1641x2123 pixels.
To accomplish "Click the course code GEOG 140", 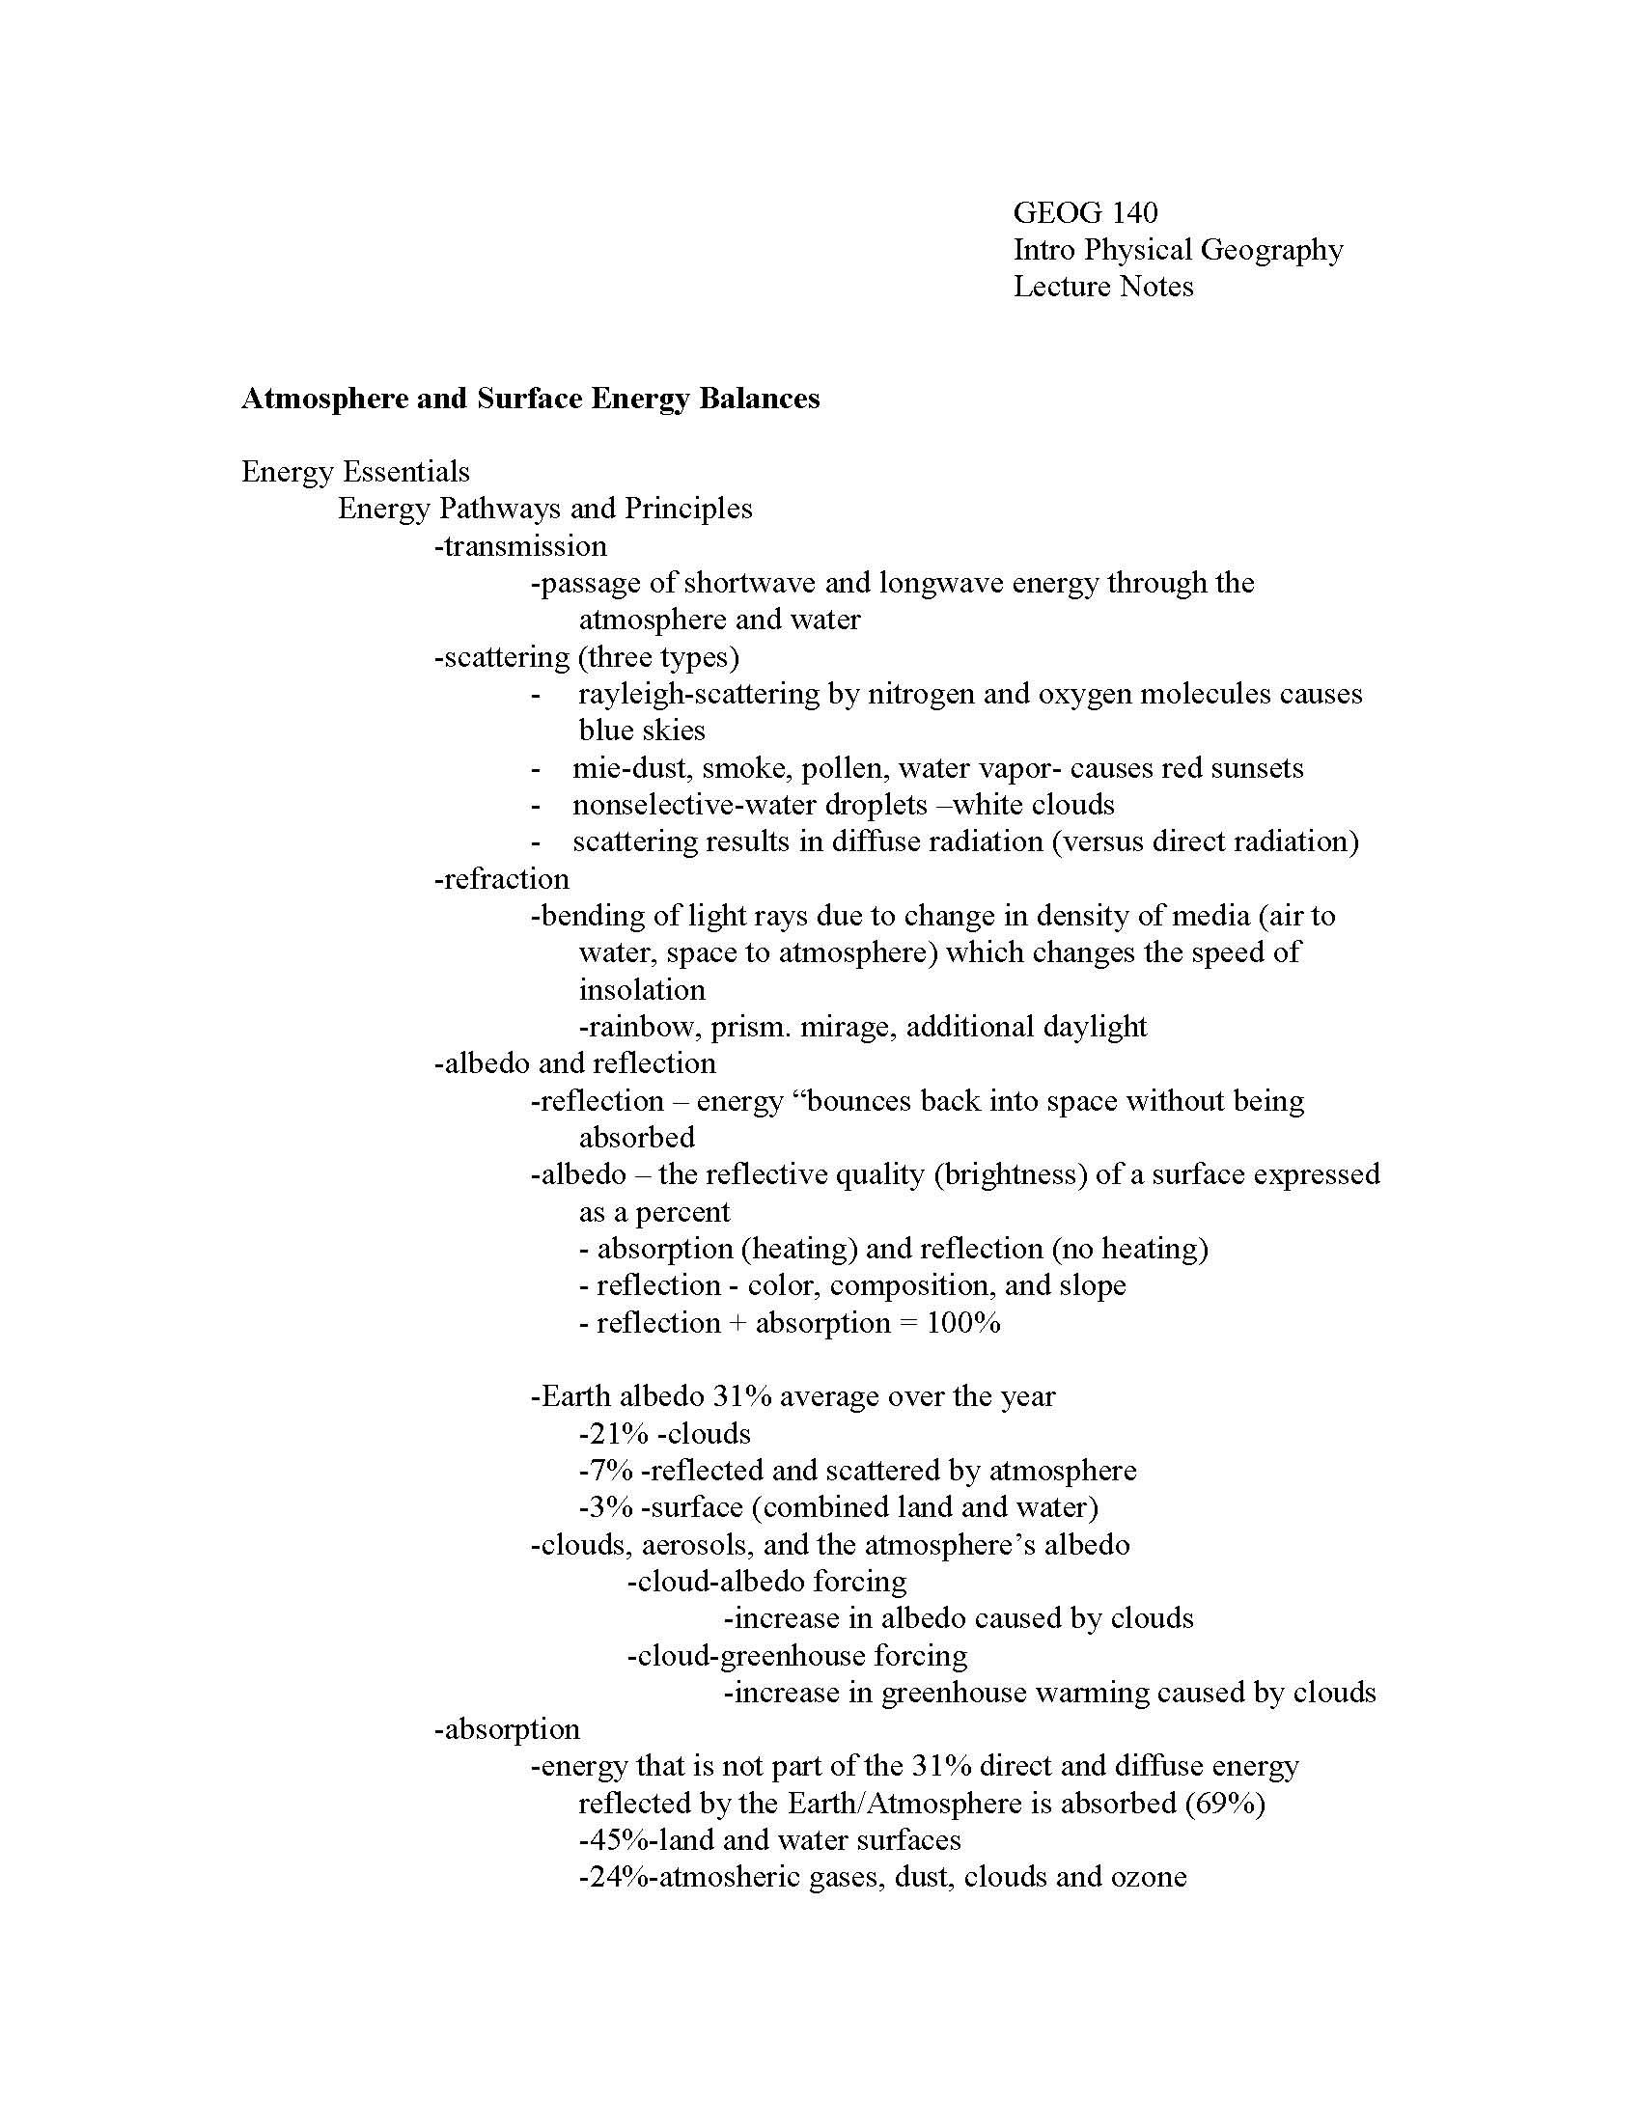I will click(1085, 213).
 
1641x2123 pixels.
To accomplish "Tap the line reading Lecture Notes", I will click(1103, 287).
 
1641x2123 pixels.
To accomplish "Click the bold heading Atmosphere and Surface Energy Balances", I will click(530, 399).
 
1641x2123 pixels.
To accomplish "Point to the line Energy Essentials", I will click(355, 473).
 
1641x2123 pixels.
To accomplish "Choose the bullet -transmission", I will click(520, 546).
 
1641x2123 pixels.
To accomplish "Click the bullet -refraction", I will click(502, 879).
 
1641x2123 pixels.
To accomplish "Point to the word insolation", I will click(642, 989).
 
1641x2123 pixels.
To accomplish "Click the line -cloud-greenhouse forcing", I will click(797, 1655).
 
